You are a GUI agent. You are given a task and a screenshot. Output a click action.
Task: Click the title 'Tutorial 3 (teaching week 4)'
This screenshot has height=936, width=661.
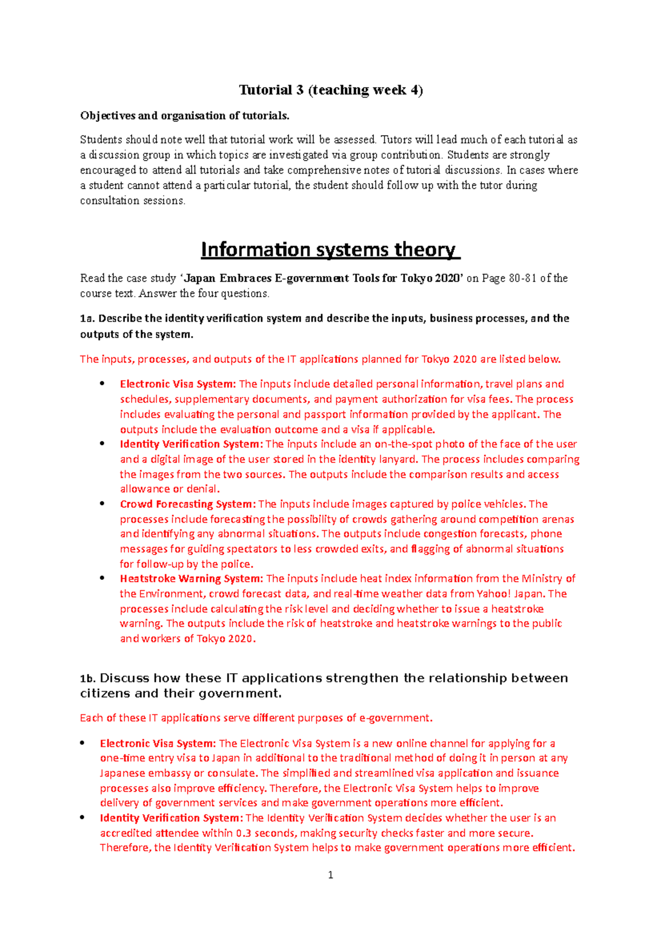click(330, 90)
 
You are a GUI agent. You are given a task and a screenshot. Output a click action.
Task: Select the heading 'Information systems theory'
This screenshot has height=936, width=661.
click(330, 250)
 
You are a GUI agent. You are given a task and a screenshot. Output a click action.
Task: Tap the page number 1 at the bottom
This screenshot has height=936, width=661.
click(330, 875)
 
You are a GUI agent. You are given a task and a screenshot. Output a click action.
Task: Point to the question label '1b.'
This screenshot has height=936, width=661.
click(88, 679)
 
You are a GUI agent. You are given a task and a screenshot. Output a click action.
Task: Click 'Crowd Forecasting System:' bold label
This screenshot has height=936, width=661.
click(188, 504)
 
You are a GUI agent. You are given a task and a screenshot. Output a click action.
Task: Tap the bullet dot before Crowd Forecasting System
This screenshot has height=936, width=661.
click(102, 503)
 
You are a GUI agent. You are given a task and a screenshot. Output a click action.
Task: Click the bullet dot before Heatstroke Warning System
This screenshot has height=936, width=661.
click(102, 578)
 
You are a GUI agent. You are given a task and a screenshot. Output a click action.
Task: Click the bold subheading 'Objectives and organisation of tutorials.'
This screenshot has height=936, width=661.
click(185, 116)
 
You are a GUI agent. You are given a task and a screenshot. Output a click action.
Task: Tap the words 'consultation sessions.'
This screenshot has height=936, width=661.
click(133, 201)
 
